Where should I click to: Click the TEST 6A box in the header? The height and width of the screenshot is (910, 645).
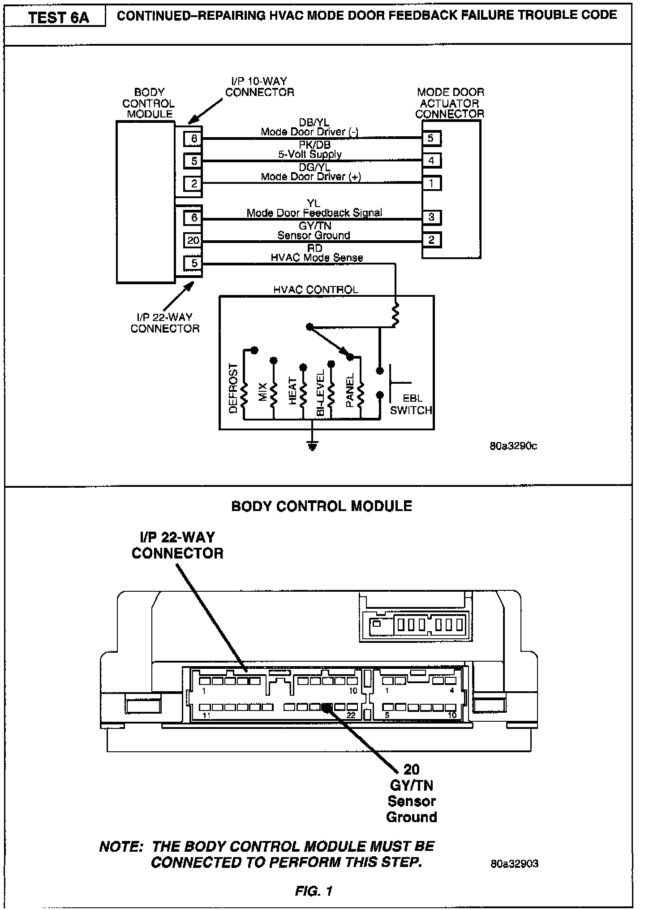coord(59,18)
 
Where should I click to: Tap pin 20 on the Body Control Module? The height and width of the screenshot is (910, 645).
coord(193,240)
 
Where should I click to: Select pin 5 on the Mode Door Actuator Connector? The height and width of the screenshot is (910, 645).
coord(431,138)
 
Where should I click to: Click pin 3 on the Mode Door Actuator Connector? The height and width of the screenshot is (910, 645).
coord(431,217)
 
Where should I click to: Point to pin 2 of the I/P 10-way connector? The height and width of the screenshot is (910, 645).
coord(193,183)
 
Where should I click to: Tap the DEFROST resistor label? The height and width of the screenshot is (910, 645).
coord(233,388)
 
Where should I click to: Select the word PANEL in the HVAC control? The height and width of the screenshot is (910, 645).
coord(350,390)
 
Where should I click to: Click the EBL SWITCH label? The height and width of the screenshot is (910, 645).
coord(411,404)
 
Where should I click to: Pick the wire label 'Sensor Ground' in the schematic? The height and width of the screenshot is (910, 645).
coord(314,235)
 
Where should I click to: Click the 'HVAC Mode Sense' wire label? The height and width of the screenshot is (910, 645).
coord(317,258)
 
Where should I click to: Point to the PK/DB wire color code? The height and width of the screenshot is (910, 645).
coord(314,145)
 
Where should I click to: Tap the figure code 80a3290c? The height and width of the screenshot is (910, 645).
coord(513,446)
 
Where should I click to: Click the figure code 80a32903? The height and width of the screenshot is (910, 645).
coord(514,863)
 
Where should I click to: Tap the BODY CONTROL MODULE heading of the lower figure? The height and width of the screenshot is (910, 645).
coord(322,506)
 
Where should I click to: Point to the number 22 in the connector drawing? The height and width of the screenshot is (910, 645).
coord(351,715)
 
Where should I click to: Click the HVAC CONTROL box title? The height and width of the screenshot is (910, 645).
coord(316,290)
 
